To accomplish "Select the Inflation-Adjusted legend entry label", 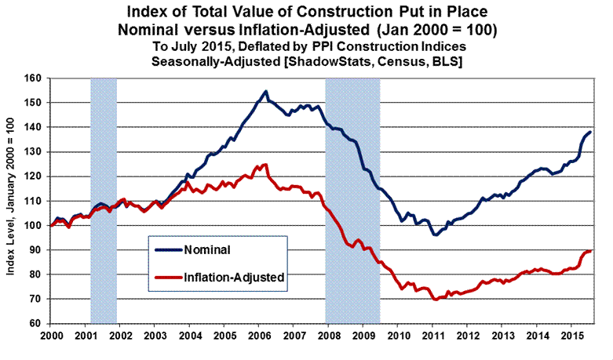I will click(233, 276).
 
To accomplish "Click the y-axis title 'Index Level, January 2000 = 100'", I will click(10, 201).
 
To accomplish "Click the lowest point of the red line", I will click(436, 300).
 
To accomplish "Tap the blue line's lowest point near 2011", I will click(435, 235).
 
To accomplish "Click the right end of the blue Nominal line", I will click(590, 132).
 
